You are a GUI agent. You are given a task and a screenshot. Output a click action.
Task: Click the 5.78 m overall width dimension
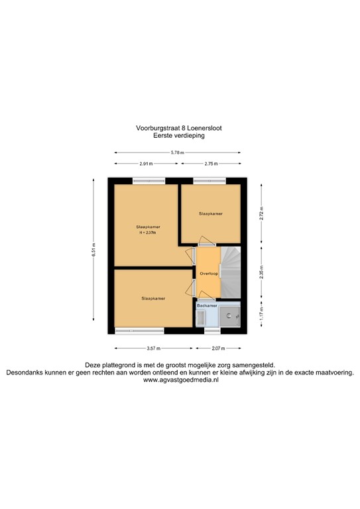click(x=177, y=152)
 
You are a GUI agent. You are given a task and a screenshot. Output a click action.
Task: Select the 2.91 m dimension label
click(x=146, y=164)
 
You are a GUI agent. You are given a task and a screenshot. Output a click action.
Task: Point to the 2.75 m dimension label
click(x=211, y=164)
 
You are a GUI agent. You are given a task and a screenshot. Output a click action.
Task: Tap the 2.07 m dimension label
click(x=218, y=348)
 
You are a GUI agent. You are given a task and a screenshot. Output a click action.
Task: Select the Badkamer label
click(x=206, y=306)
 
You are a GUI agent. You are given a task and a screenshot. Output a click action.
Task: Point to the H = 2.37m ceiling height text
click(x=147, y=233)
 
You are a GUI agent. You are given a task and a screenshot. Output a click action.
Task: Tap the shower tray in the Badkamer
click(x=231, y=317)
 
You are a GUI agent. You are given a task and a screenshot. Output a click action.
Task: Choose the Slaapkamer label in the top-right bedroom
click(x=211, y=214)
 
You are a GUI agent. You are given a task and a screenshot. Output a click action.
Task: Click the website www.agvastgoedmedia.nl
click(x=180, y=380)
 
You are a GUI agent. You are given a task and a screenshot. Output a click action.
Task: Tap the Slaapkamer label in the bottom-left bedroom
click(x=153, y=299)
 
